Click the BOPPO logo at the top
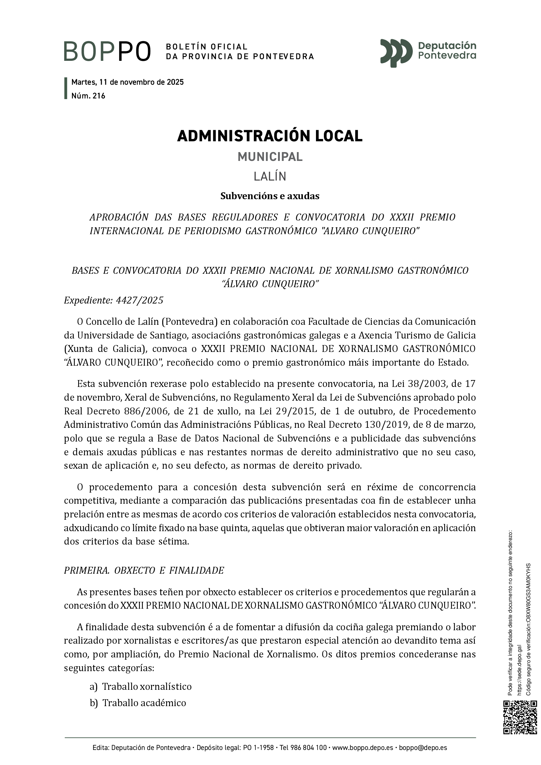107,51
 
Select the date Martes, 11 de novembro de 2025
128,82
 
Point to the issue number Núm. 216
88,96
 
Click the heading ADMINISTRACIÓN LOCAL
270,136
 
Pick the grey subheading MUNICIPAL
270,157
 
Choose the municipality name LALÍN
270,176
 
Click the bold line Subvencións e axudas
270,196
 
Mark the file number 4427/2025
140,301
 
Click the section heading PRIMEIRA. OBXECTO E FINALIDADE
144,570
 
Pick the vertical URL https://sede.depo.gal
519,670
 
